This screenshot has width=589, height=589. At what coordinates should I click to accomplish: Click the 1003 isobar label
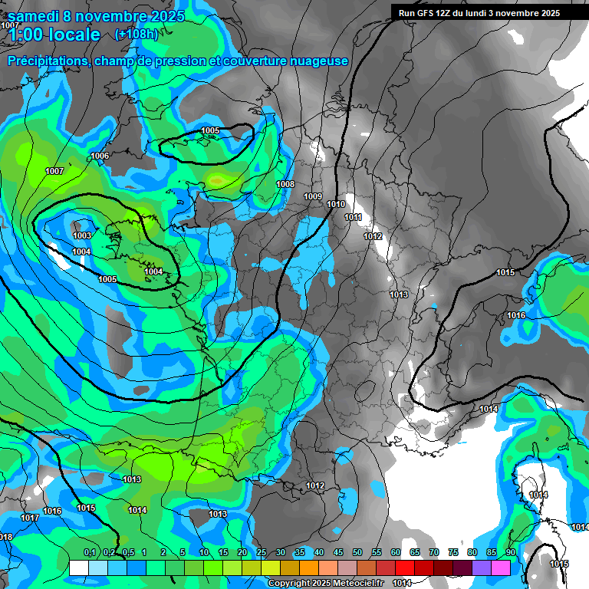(83, 235)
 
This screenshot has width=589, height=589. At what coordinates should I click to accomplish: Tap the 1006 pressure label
(100, 156)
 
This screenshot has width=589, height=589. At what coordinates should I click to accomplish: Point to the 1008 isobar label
(285, 184)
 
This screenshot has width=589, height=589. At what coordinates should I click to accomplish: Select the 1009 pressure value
(313, 196)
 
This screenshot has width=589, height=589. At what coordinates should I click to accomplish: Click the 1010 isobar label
(336, 204)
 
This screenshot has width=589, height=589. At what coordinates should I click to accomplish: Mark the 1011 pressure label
(353, 217)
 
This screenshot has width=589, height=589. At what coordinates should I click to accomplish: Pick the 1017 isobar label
(29, 518)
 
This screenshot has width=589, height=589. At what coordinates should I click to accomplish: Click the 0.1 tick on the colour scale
(90, 552)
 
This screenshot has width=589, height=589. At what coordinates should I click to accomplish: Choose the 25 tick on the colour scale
(261, 552)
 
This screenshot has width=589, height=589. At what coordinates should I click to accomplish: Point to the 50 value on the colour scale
(357, 552)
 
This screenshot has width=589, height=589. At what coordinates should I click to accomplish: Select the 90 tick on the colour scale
(510, 552)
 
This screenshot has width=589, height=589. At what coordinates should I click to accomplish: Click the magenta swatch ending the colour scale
(501, 568)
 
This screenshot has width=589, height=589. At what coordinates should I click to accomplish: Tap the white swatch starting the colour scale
(79, 568)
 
